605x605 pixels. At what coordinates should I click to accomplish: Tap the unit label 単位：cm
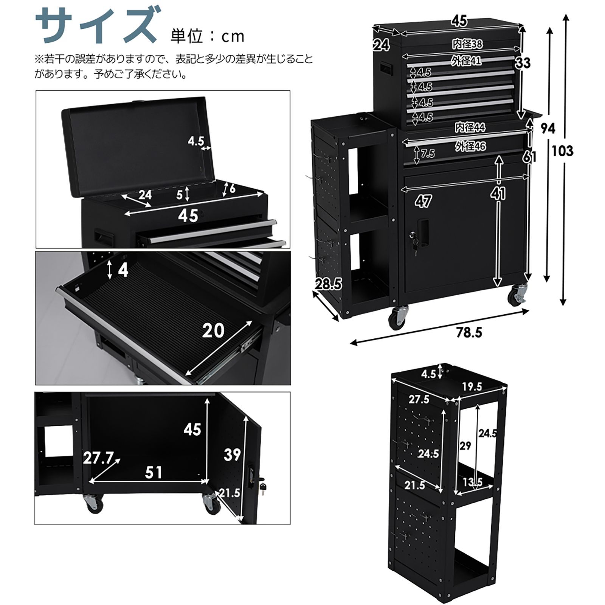point(208,36)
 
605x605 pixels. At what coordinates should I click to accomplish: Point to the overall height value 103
point(562,151)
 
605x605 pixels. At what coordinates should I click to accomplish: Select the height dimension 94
point(547,129)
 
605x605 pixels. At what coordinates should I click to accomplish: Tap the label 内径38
point(467,44)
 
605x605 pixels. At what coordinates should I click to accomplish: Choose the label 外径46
point(470,146)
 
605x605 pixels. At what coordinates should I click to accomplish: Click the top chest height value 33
point(523,63)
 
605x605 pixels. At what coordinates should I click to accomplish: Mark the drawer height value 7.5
point(428,153)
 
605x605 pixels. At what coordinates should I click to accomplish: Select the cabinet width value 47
point(423,202)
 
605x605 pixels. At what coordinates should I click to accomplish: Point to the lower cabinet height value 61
point(530,156)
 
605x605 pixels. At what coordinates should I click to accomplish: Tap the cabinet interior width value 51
point(154,472)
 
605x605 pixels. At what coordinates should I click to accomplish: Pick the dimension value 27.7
point(98,459)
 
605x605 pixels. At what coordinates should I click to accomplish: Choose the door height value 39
point(232,454)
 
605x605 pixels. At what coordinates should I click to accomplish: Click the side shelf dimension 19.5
point(472,386)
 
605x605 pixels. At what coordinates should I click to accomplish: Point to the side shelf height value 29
point(465,446)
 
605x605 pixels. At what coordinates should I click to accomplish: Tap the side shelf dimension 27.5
point(419,399)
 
